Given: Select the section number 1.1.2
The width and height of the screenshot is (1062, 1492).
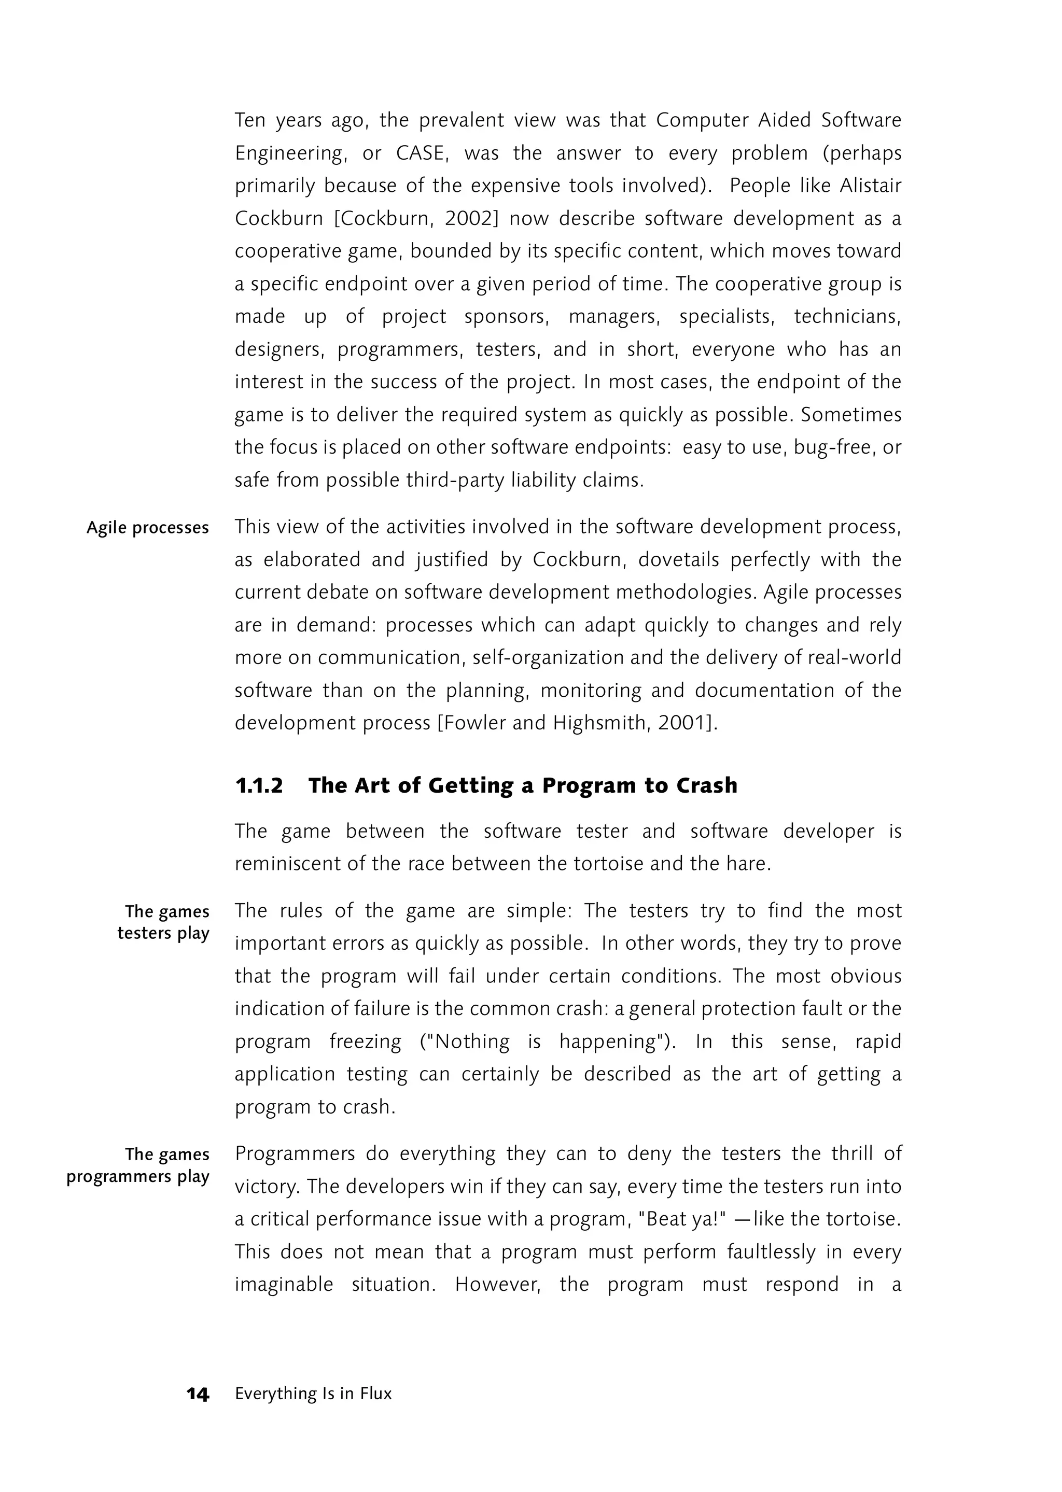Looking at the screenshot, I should pyautogui.click(x=259, y=785).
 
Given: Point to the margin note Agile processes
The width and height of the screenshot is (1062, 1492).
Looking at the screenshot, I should pyautogui.click(x=148, y=528).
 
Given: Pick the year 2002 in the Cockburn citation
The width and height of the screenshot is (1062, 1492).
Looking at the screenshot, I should pyautogui.click(x=468, y=219).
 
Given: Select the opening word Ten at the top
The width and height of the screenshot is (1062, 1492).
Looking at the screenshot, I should pyautogui.click(x=249, y=121).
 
